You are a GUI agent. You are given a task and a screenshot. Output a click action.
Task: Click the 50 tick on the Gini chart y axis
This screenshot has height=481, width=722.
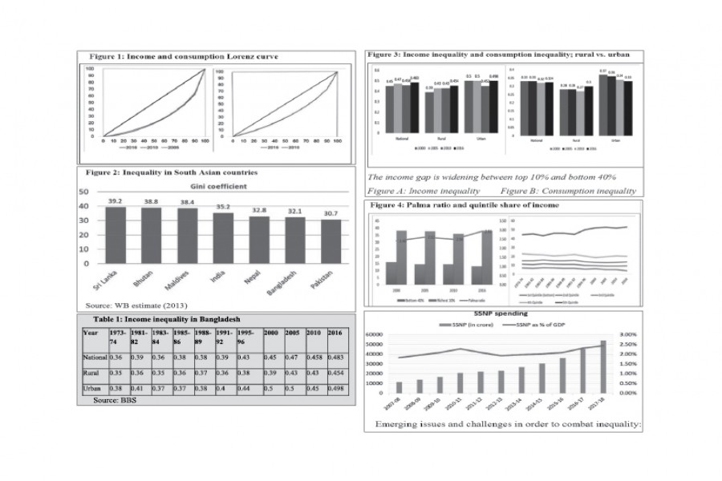pos(83,192)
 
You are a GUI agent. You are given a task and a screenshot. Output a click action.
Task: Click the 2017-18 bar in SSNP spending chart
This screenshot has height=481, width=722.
pos(603,366)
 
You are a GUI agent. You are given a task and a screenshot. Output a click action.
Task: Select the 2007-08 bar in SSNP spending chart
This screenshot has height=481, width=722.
pos(400,386)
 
